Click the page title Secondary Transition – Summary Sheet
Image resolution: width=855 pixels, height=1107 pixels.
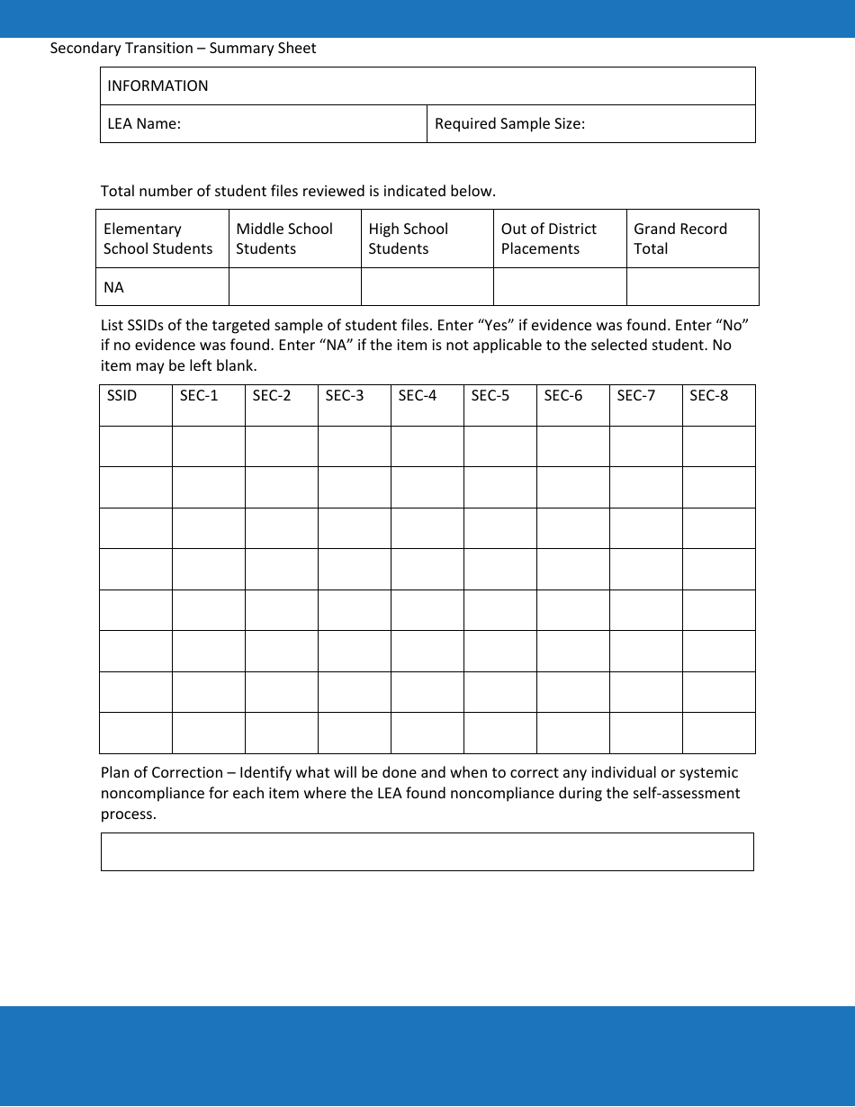point(183,49)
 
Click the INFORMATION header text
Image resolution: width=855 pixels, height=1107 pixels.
point(157,86)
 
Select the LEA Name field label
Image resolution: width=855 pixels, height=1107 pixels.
point(144,124)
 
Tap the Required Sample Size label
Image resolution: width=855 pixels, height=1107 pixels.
point(509,124)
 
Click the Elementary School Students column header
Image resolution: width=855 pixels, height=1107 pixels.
point(158,238)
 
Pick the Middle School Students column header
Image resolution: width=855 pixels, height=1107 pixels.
point(284,238)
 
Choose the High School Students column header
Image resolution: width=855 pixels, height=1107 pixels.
point(408,238)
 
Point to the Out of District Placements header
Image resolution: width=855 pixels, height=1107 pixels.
point(549,238)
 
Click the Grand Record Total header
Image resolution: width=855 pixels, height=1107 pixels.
point(680,238)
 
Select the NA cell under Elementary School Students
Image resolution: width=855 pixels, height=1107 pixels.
point(114,288)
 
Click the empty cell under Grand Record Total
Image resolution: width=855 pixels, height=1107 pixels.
point(692,287)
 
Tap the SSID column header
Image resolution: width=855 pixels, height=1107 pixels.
point(121,396)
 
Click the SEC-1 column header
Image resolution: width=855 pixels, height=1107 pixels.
point(199,396)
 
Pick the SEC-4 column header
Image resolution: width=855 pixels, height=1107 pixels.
point(418,396)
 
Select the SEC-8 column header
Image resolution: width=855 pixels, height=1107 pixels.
point(709,396)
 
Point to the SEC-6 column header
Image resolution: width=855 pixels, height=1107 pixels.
point(563,396)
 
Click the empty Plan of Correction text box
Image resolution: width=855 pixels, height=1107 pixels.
point(427,851)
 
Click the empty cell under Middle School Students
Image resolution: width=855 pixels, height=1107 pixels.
point(295,287)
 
